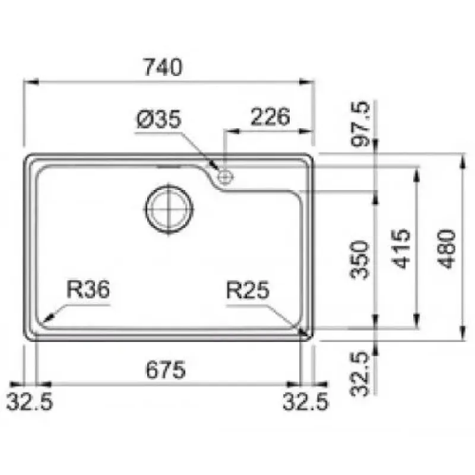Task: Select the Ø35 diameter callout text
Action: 159,119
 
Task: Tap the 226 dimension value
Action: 270,116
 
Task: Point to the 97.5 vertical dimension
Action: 360,124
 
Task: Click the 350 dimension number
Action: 360,259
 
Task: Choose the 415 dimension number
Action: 401,249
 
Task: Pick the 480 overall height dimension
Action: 447,249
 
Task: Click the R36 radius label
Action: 88,289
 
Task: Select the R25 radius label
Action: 248,290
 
